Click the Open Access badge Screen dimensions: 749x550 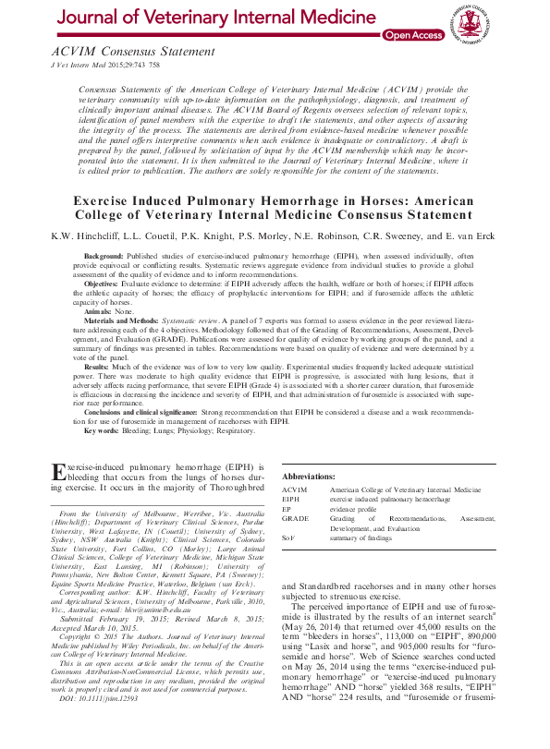click(412, 35)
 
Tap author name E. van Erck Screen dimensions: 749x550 click(468, 236)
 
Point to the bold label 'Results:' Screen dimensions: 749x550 click(98, 366)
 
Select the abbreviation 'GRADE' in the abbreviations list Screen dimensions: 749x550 click(295, 520)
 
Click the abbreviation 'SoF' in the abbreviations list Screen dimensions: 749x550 click(288, 538)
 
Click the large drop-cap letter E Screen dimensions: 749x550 click(56, 473)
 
